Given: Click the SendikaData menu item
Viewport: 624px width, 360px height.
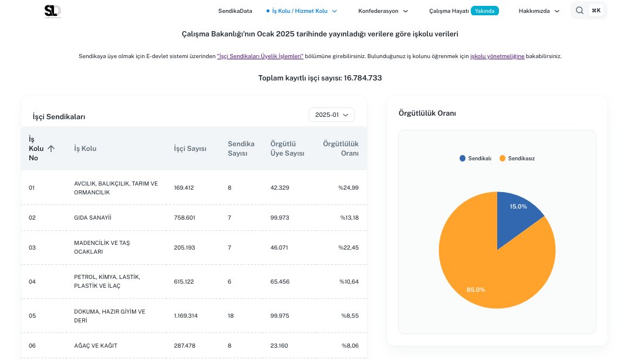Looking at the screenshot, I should (235, 11).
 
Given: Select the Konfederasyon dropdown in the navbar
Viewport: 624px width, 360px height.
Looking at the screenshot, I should (383, 11).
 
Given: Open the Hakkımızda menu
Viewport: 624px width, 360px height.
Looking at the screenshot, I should (539, 11).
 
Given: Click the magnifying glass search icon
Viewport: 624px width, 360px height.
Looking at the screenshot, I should (579, 11).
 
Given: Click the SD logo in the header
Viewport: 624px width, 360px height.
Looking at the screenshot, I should (52, 11).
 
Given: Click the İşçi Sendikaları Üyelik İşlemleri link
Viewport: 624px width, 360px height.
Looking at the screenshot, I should (260, 56).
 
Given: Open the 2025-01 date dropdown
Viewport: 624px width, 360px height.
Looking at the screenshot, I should (332, 115).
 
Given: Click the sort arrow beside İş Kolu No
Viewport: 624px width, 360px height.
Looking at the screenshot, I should (51, 149).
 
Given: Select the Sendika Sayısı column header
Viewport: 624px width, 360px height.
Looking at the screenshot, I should (241, 149).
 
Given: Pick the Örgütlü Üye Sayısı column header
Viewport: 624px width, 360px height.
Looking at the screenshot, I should (287, 149).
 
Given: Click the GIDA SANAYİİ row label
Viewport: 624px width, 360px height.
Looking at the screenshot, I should (92, 218).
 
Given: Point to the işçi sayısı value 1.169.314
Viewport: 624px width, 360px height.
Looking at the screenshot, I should (185, 316).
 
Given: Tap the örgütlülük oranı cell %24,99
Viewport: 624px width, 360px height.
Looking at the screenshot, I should (348, 188).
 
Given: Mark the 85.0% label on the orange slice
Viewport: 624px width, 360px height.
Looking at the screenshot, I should (475, 290).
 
